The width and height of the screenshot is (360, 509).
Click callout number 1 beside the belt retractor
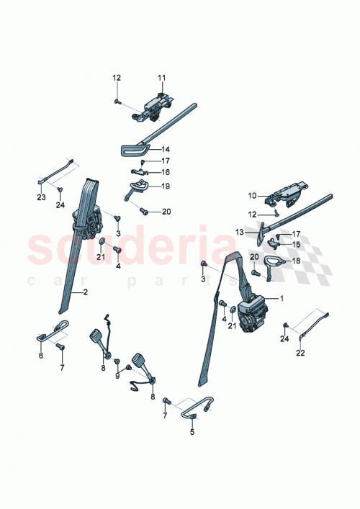coord(282,298)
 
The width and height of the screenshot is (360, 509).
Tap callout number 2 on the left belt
coord(85,292)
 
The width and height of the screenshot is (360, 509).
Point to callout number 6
coord(41,356)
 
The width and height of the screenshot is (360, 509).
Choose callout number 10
coord(252,196)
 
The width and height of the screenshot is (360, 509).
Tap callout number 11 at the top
coord(161,77)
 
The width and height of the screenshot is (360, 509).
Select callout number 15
coord(295,244)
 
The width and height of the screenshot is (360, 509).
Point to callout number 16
coord(165,173)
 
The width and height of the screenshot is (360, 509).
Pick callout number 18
coord(295,263)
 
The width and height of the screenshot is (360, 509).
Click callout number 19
coord(166,186)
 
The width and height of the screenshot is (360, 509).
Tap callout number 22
coord(301,353)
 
